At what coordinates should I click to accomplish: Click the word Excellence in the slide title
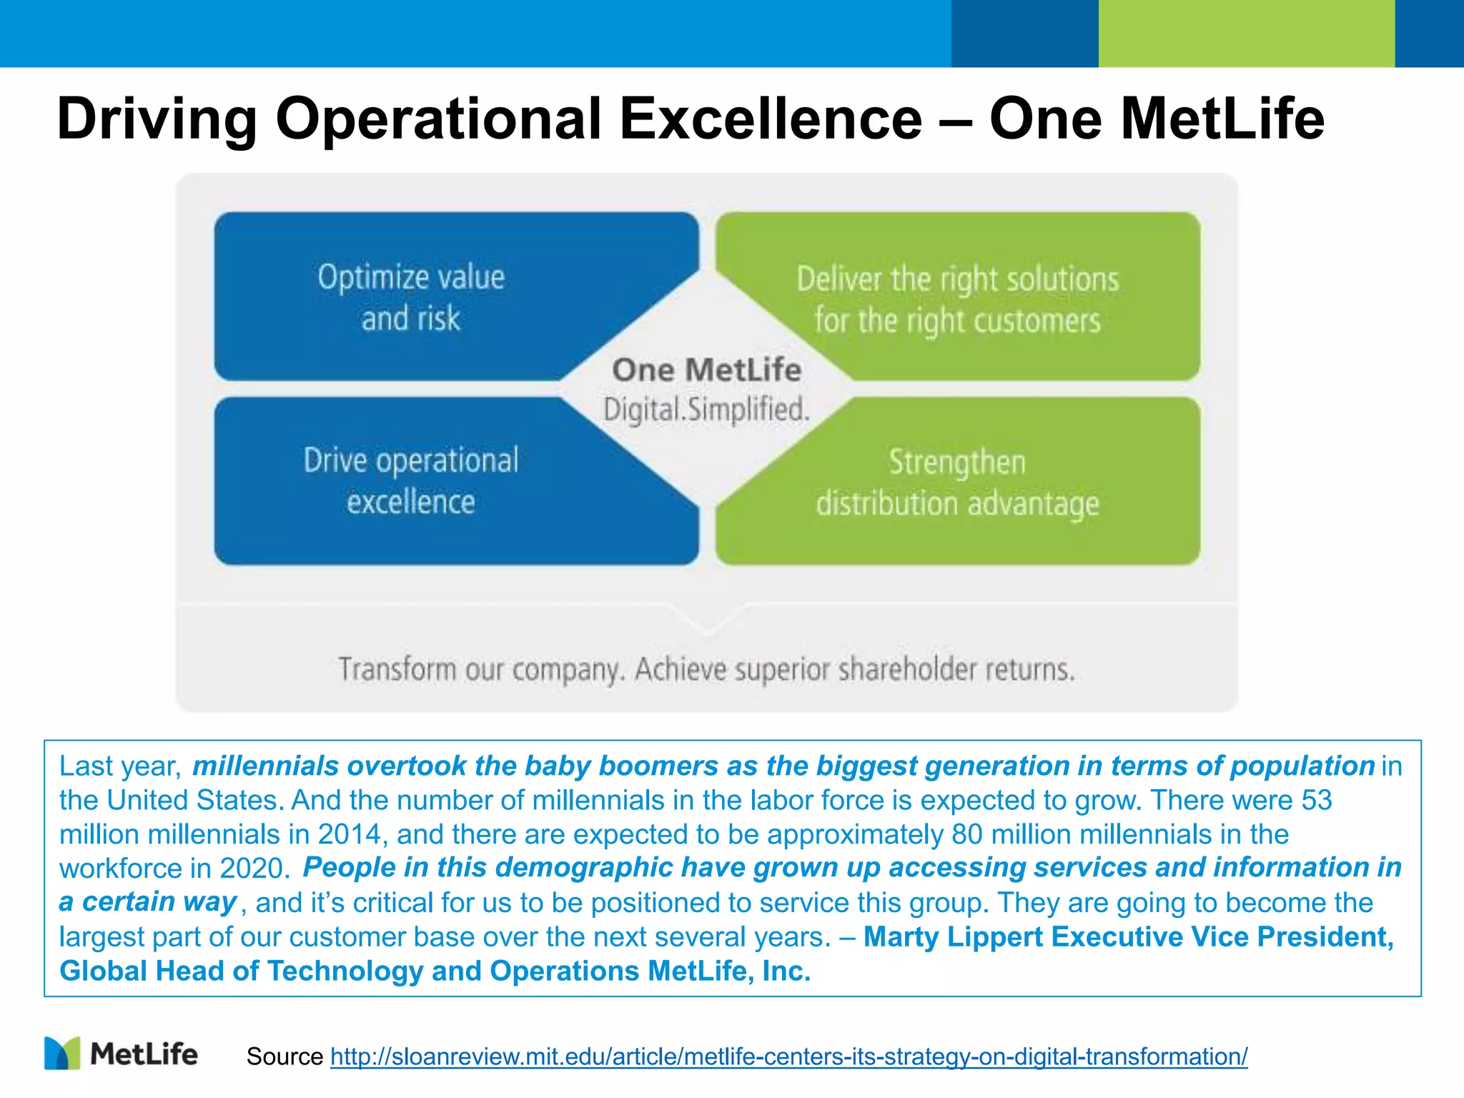(x=771, y=119)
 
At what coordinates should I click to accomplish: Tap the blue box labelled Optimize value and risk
(x=411, y=297)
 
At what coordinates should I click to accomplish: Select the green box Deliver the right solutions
(x=958, y=299)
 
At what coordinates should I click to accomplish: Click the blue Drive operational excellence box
(x=411, y=481)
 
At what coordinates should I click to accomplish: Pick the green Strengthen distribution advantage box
(x=958, y=483)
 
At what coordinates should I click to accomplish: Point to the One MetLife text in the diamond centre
(x=706, y=370)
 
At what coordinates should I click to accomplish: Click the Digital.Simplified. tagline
(x=706, y=410)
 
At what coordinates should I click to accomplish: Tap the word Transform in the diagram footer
(x=397, y=670)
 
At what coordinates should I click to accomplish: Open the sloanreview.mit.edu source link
(x=788, y=1056)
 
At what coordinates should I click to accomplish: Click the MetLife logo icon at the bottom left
(x=62, y=1053)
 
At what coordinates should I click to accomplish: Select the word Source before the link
(x=285, y=1056)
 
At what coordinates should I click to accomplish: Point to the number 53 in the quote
(x=1316, y=800)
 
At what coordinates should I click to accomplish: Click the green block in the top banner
(x=1246, y=34)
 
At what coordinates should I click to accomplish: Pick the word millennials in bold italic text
(x=265, y=766)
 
